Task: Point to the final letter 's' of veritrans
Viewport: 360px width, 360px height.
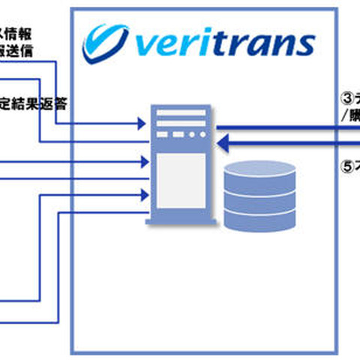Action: [x=303, y=45]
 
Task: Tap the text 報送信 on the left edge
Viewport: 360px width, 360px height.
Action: [x=16, y=51]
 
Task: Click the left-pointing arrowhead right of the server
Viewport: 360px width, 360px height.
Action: [x=223, y=141]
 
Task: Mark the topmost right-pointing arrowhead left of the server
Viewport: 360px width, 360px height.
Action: [x=142, y=120]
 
